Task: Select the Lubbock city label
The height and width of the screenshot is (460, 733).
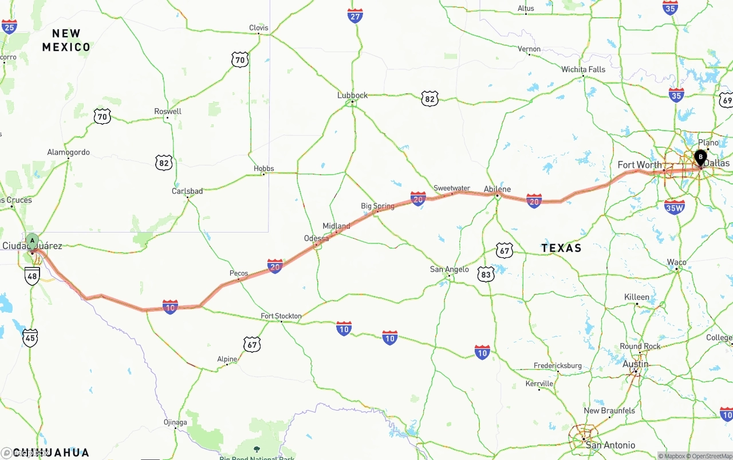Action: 352,95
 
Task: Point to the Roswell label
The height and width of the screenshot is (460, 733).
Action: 168,111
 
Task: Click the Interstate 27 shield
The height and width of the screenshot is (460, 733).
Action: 355,15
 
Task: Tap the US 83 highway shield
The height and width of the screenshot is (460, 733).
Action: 486,275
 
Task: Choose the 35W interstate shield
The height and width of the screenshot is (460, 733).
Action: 675,207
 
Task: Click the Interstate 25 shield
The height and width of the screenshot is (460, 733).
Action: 9,26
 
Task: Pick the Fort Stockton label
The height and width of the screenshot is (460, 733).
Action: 281,316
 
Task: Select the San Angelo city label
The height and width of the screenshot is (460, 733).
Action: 450,269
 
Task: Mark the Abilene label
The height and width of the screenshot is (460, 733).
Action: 497,189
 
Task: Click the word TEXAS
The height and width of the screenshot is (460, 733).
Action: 561,248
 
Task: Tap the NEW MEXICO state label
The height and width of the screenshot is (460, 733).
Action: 66,40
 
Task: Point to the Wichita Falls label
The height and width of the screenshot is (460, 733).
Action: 583,69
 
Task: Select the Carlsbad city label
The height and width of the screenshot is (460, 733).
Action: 187,191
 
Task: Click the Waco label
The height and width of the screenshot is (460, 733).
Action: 676,262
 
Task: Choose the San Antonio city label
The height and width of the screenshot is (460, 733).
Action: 610,445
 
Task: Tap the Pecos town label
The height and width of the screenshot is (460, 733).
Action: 239,273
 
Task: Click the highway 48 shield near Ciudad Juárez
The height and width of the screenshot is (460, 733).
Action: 32,277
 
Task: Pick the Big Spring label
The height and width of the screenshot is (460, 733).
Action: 377,206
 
